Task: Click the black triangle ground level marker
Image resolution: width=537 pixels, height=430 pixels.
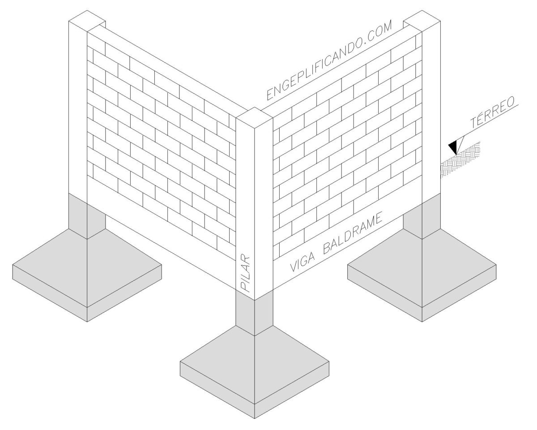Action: (x=453, y=147)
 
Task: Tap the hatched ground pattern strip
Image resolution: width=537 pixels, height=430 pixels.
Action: (x=460, y=160)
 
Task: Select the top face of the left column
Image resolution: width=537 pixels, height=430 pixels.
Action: (x=87, y=21)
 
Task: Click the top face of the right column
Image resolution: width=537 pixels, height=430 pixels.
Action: (x=422, y=21)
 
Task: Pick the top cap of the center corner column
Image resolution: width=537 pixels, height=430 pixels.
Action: (x=254, y=118)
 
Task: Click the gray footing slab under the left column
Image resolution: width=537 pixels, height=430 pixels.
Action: (x=87, y=275)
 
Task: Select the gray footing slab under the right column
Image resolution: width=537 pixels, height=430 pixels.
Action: (x=422, y=275)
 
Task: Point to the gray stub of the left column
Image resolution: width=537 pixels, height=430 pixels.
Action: (x=87, y=216)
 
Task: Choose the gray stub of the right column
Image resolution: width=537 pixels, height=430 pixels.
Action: (x=422, y=216)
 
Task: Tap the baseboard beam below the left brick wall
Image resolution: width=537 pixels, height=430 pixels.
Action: (x=162, y=237)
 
